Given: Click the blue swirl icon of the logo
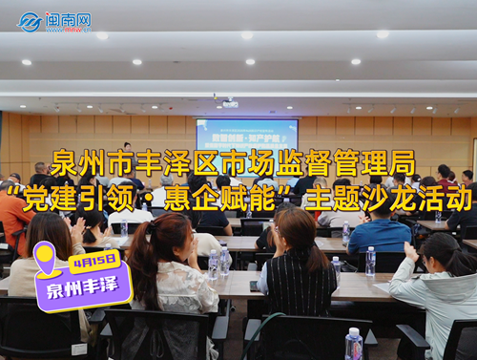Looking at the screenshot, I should [x=30, y=21].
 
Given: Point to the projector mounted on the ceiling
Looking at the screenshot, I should [x=229, y=102].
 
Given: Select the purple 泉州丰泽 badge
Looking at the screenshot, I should [x=84, y=283].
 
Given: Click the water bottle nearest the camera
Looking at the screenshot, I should [x=354, y=344].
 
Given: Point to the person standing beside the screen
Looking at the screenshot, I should [x=127, y=153].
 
